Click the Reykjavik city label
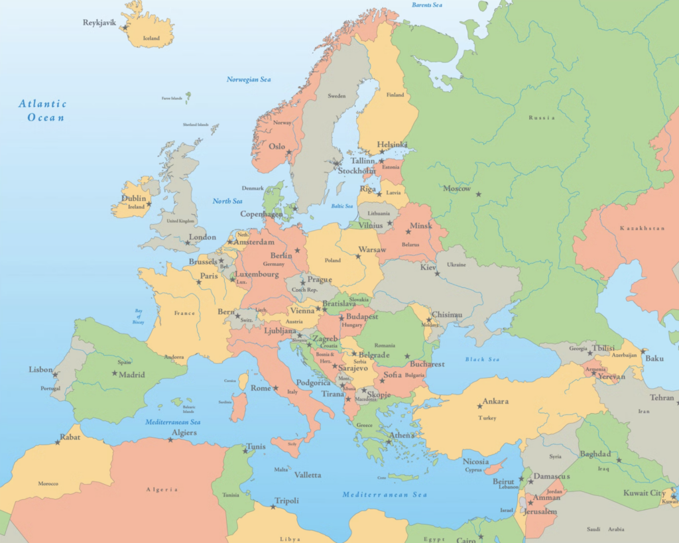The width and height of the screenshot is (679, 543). click(x=99, y=23)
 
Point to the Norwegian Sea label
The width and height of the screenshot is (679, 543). click(x=249, y=80)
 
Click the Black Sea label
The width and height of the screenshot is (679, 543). click(x=482, y=359)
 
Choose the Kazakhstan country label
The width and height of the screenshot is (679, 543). click(x=642, y=228)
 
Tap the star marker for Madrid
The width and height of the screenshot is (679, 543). click(x=115, y=373)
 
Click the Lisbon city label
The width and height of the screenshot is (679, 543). click(x=40, y=369)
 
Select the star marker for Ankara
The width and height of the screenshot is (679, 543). click(x=479, y=406)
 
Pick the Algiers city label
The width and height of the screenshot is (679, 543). click(x=184, y=433)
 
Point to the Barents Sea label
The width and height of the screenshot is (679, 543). click(x=426, y=5)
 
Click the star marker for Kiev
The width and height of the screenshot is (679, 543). click(x=437, y=273)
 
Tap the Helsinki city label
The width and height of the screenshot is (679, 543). click(x=393, y=145)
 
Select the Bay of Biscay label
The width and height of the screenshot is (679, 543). click(x=139, y=317)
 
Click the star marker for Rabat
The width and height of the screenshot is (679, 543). click(x=58, y=442)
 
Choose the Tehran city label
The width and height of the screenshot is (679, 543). click(x=662, y=398)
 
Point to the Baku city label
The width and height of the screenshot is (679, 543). click(x=654, y=359)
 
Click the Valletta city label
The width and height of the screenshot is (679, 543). click(x=308, y=475)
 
